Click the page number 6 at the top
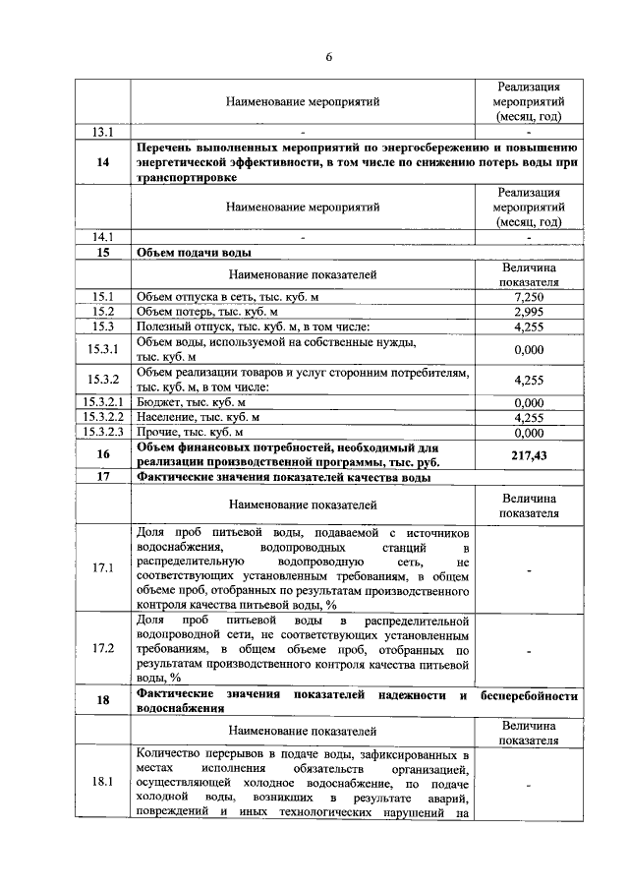[329, 56]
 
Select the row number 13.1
[103, 132]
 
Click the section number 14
[103, 163]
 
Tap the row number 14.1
[103, 237]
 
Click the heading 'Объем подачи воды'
[186, 253]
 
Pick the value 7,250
[528, 297]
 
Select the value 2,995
[528, 312]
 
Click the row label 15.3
[103, 326]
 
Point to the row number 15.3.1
[103, 349]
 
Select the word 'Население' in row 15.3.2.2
[165, 417]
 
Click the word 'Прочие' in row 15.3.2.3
[157, 432]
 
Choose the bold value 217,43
[528, 454]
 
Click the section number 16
[103, 454]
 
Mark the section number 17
[103, 478]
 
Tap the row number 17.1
[103, 568]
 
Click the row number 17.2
[103, 649]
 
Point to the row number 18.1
[103, 783]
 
